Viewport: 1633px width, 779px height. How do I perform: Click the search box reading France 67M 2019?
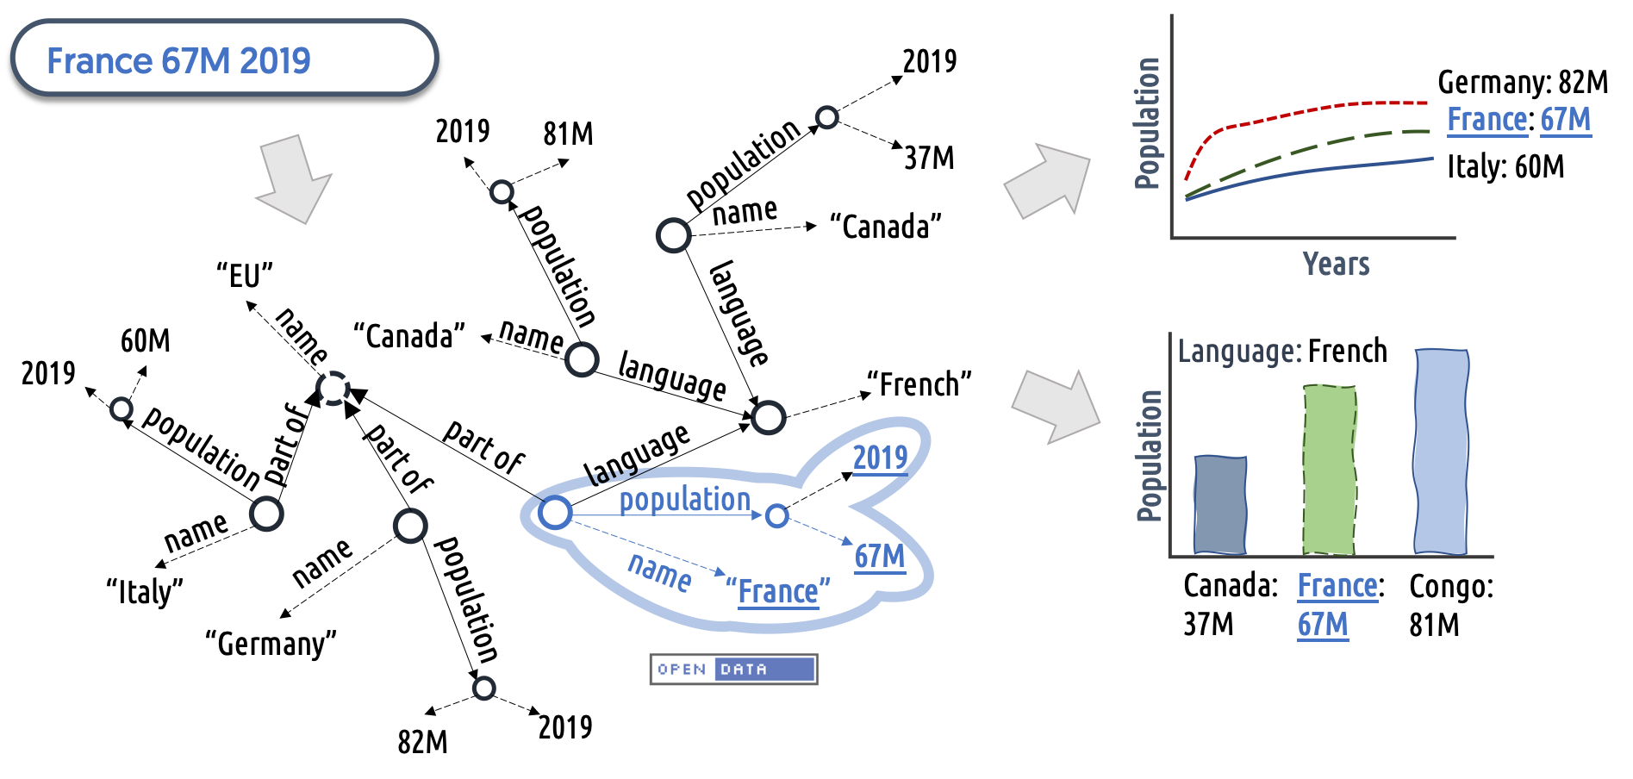(224, 59)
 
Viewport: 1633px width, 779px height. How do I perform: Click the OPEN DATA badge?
(732, 670)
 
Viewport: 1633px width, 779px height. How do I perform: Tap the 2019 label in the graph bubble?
(880, 458)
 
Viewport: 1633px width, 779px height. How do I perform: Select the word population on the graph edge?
(685, 499)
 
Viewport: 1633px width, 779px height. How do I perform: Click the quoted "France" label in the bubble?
(777, 592)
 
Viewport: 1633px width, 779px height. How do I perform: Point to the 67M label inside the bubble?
(880, 557)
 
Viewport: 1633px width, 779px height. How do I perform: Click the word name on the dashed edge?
(659, 571)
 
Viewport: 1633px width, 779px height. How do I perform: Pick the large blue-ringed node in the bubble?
(555, 513)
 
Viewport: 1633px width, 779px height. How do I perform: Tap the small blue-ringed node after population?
(776, 516)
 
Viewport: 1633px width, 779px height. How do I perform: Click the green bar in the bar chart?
(1330, 470)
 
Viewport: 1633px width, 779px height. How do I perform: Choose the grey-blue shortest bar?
(1219, 505)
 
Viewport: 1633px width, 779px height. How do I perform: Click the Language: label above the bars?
(1239, 352)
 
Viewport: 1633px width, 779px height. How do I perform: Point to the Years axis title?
(1336, 264)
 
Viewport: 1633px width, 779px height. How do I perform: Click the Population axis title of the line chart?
(1147, 123)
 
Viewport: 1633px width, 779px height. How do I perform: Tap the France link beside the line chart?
(1487, 120)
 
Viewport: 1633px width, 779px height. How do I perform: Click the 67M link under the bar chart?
(1323, 625)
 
